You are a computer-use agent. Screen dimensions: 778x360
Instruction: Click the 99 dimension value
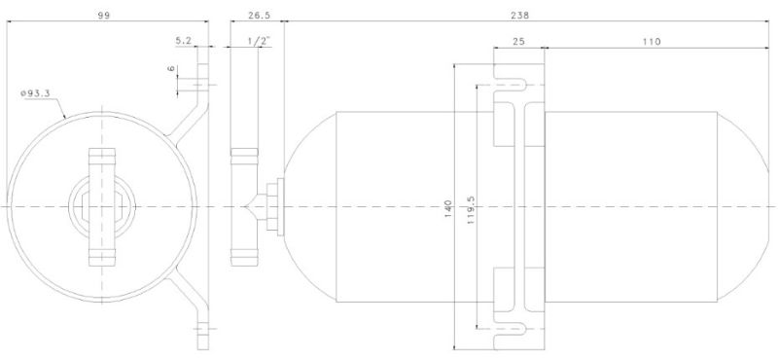pyautogui.click(x=104, y=15)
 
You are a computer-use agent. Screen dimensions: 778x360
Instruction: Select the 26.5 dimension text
pyautogui.click(x=259, y=15)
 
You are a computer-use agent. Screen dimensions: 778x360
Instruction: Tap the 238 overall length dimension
pyautogui.click(x=519, y=15)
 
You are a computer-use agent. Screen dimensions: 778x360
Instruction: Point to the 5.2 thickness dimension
pyautogui.click(x=184, y=41)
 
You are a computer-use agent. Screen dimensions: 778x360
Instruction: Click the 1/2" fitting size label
pyautogui.click(x=259, y=41)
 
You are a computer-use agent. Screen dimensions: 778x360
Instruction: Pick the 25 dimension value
pyautogui.click(x=518, y=42)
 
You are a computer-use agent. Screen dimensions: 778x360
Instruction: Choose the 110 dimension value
pyautogui.click(x=652, y=42)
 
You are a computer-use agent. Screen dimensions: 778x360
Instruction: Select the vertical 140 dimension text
pyautogui.click(x=448, y=209)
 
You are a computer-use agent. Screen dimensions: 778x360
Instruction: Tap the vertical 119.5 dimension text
pyautogui.click(x=471, y=209)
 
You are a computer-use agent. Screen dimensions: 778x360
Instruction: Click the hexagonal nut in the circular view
pyautogui.click(x=102, y=206)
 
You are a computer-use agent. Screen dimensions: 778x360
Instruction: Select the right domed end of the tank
pyautogui.click(x=746, y=206)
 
